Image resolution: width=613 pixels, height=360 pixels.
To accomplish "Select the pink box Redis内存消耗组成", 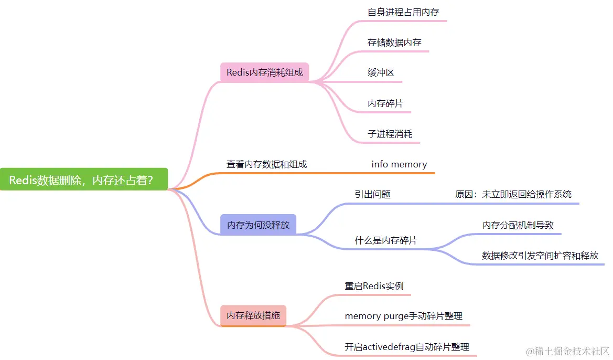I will coord(265,72).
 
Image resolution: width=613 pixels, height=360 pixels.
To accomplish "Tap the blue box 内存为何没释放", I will coord(258,225).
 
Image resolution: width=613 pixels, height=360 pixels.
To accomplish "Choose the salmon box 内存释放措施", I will coord(253,316).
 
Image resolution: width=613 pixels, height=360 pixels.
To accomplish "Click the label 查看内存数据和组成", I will coord(266,164).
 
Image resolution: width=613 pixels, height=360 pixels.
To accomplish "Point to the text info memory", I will coord(399,164).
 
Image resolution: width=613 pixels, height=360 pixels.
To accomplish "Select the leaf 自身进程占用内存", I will coord(403,12).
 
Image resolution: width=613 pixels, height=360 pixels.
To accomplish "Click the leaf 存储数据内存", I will coord(394,43).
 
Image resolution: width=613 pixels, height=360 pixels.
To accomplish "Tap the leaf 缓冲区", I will coord(381,73).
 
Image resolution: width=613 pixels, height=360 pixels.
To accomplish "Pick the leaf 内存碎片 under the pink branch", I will coord(385,103).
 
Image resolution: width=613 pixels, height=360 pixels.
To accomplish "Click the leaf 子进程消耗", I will coord(390,134).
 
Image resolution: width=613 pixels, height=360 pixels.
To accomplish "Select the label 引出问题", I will coord(372,194).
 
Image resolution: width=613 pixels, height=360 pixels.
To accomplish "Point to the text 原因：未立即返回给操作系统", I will coord(513,194).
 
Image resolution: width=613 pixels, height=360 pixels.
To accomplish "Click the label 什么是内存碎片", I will coord(386,240).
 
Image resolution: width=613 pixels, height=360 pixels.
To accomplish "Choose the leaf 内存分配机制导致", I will coord(518,225).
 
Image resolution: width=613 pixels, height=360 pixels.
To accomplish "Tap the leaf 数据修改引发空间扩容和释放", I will coord(540,256).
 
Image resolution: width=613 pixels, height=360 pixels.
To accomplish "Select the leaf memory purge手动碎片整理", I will coord(403,316).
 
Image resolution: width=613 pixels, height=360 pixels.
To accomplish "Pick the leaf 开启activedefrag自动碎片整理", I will coord(406,346).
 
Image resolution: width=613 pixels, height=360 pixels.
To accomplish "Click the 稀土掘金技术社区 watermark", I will coord(567,351).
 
